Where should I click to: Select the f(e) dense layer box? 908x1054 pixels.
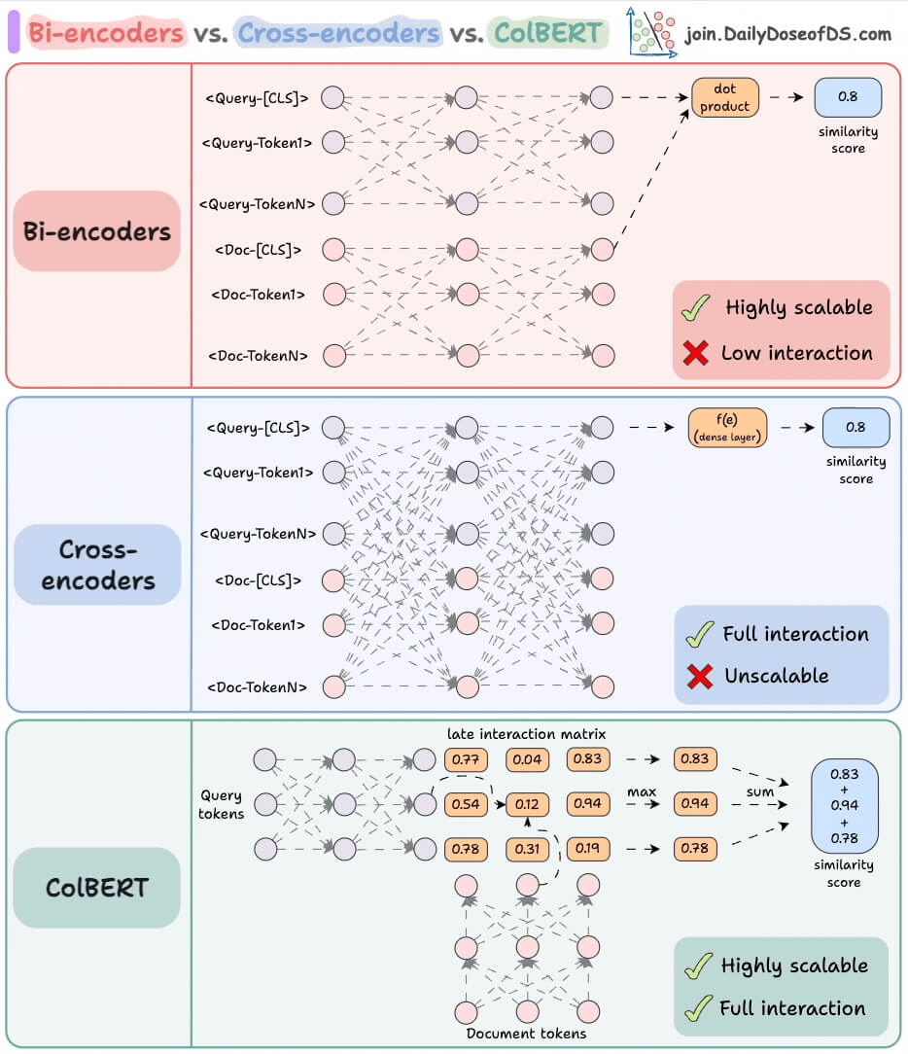click(727, 428)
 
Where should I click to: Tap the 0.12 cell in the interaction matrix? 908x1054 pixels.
click(527, 804)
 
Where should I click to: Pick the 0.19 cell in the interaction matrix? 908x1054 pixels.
click(587, 849)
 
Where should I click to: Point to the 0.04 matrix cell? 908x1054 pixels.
click(527, 758)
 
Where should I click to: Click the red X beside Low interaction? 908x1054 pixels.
click(696, 353)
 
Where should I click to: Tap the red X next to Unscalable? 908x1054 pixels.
click(699, 676)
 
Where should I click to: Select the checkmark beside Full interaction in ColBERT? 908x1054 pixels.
click(697, 1009)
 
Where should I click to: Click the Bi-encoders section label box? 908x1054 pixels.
click(97, 231)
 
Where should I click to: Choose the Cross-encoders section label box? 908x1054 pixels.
click(97, 565)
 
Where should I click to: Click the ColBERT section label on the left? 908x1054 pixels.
click(97, 888)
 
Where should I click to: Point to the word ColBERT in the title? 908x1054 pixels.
click(548, 34)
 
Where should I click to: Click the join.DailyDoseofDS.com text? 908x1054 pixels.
click(787, 35)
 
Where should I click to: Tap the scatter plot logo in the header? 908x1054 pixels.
click(651, 31)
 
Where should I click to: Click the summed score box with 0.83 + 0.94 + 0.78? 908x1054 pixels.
click(844, 804)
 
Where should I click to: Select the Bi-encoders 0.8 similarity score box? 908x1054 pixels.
click(848, 97)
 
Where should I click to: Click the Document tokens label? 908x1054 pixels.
click(526, 1033)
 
